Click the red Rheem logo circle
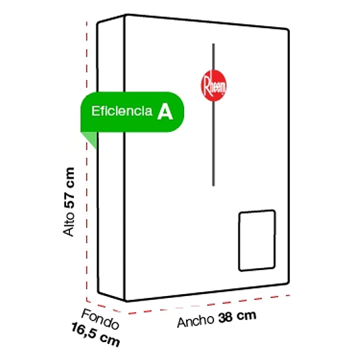pos(213,85)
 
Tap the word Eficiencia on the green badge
pos(122,111)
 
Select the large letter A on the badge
pos(165,111)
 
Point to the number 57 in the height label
pos(69,197)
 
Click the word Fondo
pos(101,319)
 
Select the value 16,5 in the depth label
pos(83,331)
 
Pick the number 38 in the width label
pos(225,317)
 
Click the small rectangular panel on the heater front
pos(257,241)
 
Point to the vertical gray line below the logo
pos(213,143)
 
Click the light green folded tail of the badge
pos(89,139)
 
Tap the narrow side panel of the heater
pos(111,159)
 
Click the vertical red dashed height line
pos(87,161)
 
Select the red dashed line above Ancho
pos(209,305)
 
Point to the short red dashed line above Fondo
pos(103,307)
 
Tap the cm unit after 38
pos(247,316)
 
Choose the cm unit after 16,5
pos(110,340)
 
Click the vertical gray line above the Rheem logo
pos(213,57)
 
